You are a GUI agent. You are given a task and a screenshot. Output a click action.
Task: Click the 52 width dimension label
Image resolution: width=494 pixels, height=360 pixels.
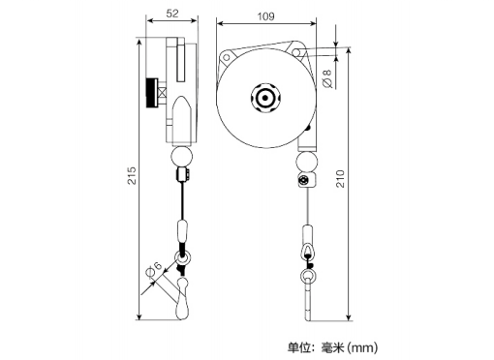click(x=172, y=14)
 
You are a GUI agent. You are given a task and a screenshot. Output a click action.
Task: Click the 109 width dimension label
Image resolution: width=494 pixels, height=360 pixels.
click(x=265, y=16)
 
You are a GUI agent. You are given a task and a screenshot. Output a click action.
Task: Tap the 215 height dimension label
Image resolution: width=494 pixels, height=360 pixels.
click(x=132, y=175)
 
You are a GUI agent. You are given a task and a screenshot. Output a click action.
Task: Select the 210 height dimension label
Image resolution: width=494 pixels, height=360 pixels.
click(x=341, y=178)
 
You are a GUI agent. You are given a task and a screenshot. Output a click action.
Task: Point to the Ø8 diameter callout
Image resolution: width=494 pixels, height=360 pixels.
click(x=327, y=78)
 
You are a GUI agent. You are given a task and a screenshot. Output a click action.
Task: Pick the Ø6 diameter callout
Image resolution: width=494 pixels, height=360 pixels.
click(x=154, y=269)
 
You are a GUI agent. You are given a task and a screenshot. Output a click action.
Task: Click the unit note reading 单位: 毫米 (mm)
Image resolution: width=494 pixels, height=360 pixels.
click(x=333, y=347)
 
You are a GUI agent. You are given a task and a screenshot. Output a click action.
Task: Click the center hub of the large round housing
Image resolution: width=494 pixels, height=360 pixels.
click(x=265, y=98)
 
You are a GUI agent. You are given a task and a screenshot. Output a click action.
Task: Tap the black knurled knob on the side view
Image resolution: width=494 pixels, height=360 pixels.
click(x=151, y=93)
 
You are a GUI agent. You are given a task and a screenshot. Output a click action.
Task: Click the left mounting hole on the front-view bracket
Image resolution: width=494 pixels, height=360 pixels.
click(x=227, y=57)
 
